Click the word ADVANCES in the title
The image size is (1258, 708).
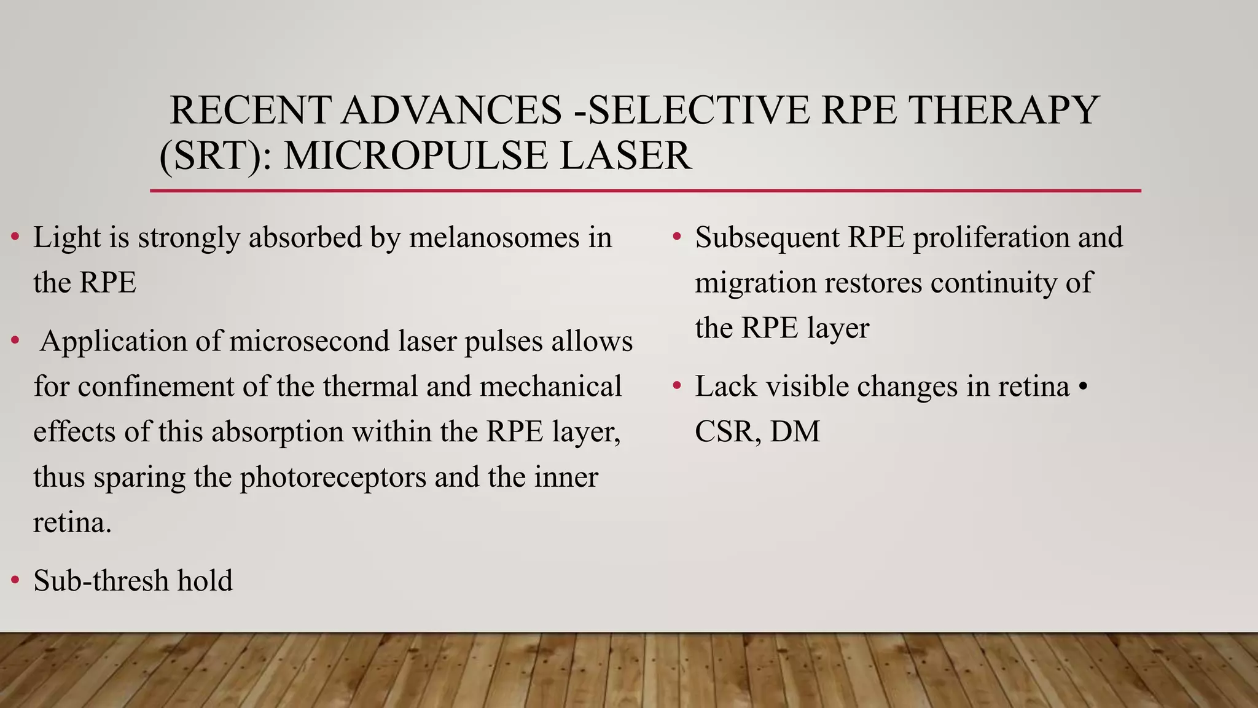click(451, 111)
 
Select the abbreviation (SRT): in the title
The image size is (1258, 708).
click(216, 155)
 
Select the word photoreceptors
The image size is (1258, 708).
click(332, 478)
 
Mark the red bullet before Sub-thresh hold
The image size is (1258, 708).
click(15, 580)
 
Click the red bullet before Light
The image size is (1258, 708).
click(15, 237)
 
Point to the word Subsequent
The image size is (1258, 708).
click(767, 238)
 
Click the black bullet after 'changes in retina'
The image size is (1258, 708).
click(1082, 387)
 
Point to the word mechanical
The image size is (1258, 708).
click(550, 387)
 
